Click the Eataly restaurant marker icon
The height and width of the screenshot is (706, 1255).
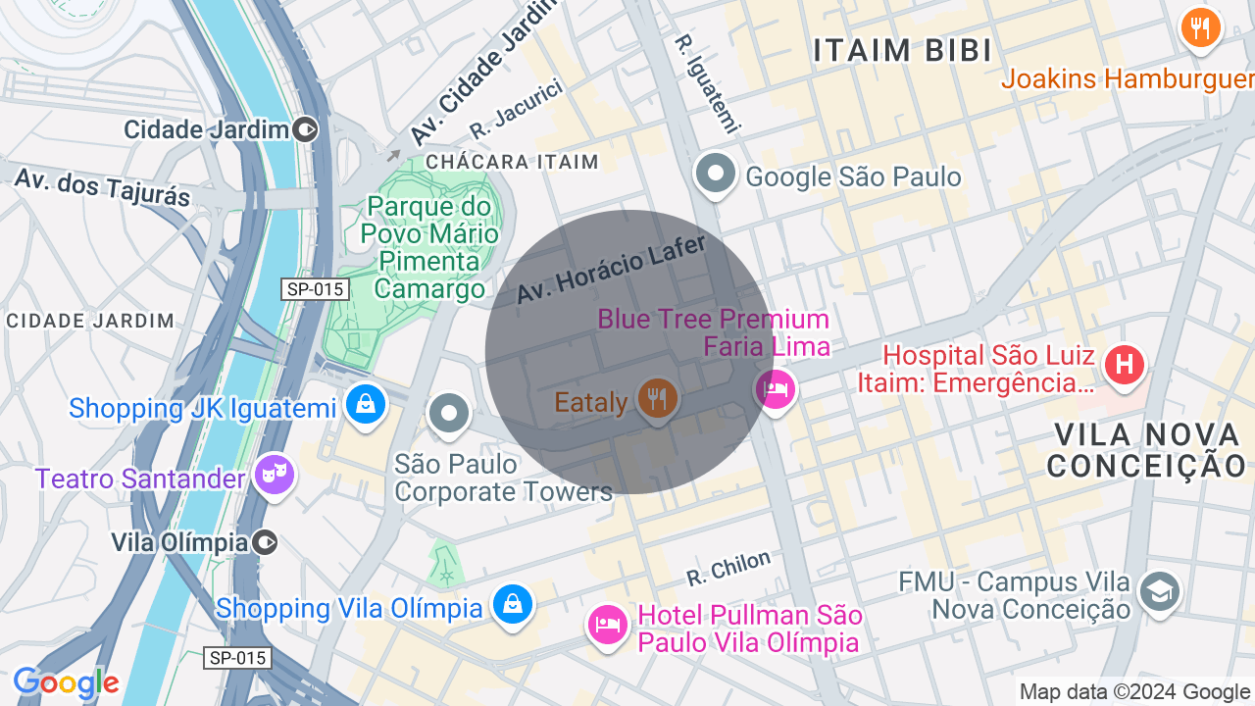tap(656, 399)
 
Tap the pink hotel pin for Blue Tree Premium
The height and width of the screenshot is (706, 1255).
tap(776, 389)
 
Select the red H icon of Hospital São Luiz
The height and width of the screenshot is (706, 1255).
tap(1125, 366)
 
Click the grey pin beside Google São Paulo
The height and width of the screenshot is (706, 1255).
tap(716, 175)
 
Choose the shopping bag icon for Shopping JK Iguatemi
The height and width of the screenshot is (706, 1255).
tap(365, 404)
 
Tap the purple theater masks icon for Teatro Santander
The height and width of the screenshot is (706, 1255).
tap(274, 476)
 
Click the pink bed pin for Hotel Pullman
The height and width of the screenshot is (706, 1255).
tap(607, 624)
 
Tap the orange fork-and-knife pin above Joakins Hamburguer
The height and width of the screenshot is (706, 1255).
tap(1200, 27)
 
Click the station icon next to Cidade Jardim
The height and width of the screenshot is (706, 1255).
tap(306, 129)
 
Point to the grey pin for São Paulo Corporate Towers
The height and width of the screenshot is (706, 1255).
tap(449, 413)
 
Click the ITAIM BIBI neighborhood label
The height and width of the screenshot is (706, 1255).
tap(903, 51)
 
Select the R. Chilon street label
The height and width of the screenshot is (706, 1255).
tap(728, 567)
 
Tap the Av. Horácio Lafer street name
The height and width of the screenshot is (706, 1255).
tap(611, 269)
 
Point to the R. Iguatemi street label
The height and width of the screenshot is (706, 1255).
tap(705, 84)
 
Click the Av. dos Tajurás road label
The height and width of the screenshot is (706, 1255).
tap(103, 185)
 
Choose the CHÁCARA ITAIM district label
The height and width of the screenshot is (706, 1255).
tap(511, 162)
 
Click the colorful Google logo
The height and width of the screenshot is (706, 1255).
tap(66, 683)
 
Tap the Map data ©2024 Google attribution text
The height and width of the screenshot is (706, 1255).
tap(1134, 692)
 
